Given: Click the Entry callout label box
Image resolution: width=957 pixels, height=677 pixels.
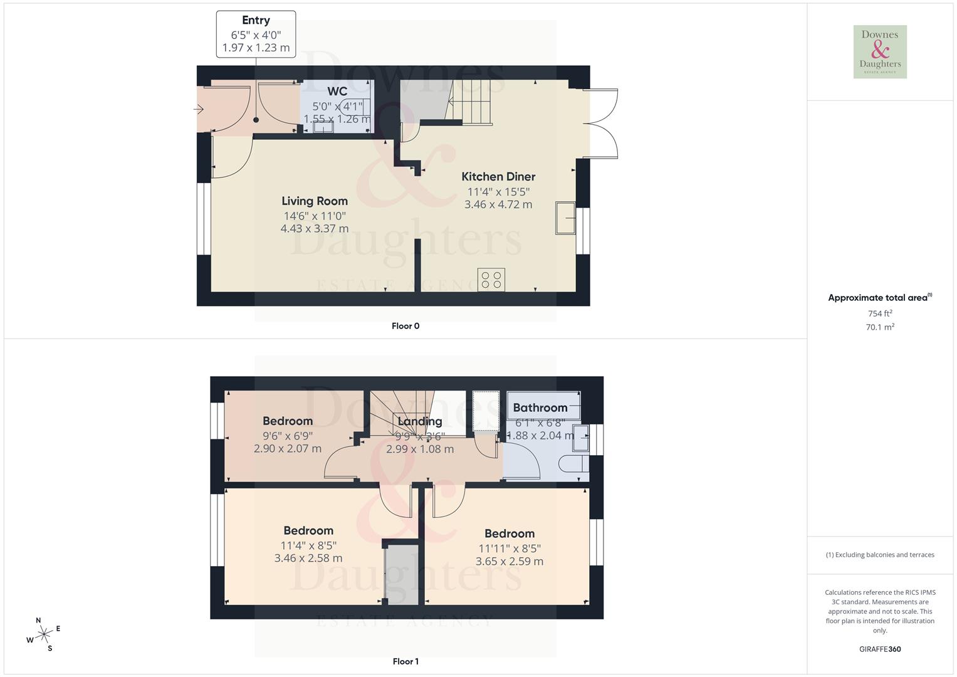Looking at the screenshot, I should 256,34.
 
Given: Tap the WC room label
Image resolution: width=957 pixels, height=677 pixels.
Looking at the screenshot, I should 337,92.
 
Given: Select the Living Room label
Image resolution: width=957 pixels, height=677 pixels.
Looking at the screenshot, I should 314,201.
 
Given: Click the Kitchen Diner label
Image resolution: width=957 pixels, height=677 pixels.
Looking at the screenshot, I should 498,177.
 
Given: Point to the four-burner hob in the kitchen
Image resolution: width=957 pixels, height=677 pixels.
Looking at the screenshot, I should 491,280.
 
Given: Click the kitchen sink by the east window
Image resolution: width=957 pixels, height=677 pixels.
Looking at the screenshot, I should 566,218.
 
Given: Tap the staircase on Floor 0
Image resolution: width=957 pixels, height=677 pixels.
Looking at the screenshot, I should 473,100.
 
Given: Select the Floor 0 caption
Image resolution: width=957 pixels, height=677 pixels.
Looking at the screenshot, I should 405,326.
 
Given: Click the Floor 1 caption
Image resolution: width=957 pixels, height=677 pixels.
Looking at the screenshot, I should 405,661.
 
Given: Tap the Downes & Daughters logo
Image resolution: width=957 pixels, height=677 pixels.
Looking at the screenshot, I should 880,52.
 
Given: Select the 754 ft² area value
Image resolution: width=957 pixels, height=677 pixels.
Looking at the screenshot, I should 880,313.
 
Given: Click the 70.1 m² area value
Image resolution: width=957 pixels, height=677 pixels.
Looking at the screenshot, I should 880,327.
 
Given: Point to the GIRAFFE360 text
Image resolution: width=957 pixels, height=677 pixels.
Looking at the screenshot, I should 880,649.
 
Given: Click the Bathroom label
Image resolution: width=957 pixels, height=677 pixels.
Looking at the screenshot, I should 540,408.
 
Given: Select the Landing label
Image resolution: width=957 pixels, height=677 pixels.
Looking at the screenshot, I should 420,421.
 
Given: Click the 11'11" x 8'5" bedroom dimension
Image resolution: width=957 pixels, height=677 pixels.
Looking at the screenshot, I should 509,548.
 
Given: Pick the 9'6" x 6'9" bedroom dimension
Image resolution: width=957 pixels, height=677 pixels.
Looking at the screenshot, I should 288,436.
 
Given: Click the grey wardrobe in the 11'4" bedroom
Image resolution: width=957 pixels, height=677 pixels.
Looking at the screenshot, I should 401,574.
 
